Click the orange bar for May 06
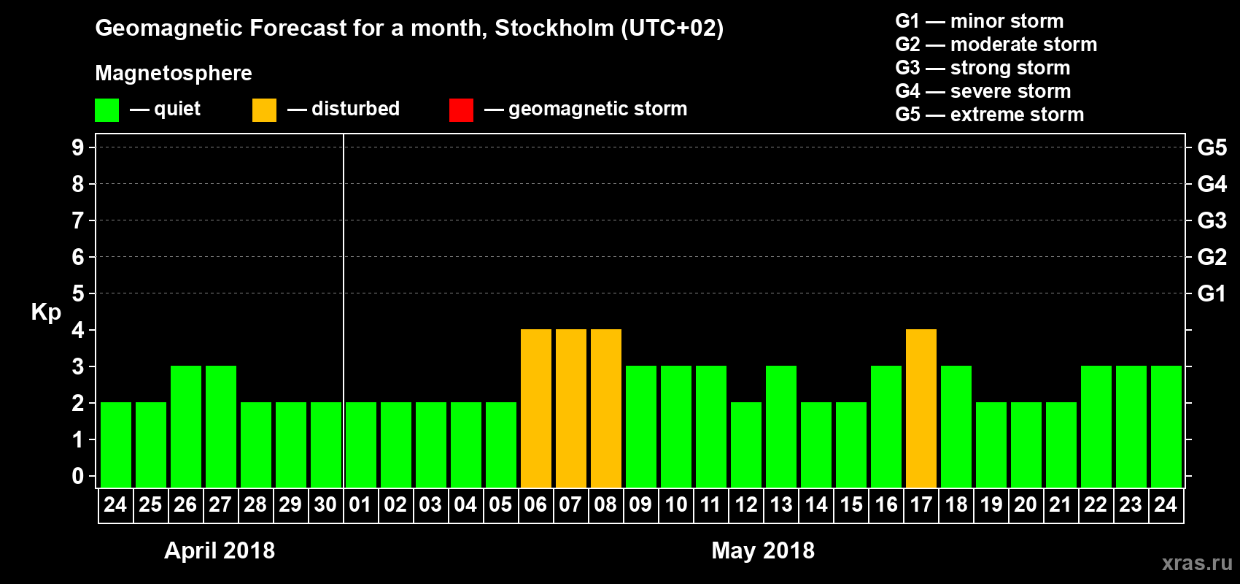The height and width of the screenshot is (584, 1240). click(535, 408)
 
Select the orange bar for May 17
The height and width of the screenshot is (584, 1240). click(921, 408)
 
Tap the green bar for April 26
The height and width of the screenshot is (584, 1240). click(185, 426)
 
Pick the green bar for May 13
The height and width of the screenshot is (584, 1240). click(780, 426)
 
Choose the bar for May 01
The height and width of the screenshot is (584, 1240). click(360, 445)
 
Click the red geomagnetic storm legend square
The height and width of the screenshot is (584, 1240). click(461, 110)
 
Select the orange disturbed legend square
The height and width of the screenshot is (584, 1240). click(264, 110)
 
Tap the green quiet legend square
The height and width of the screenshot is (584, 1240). click(106, 110)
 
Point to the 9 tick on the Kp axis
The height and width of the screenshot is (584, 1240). click(78, 147)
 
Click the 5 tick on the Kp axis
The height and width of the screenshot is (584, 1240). click(78, 293)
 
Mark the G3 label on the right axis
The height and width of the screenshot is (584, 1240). click(1212, 220)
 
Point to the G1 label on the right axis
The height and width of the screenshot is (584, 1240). click(1212, 293)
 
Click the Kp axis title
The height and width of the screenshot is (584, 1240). click(46, 312)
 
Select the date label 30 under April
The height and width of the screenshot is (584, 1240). click(325, 504)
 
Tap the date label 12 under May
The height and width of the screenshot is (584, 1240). click(745, 504)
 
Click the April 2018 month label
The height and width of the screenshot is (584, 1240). click(220, 550)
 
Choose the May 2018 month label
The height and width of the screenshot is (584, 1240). click(763, 550)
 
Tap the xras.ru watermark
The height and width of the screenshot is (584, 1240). click(1197, 562)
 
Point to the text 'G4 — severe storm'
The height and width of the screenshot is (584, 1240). click(983, 91)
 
